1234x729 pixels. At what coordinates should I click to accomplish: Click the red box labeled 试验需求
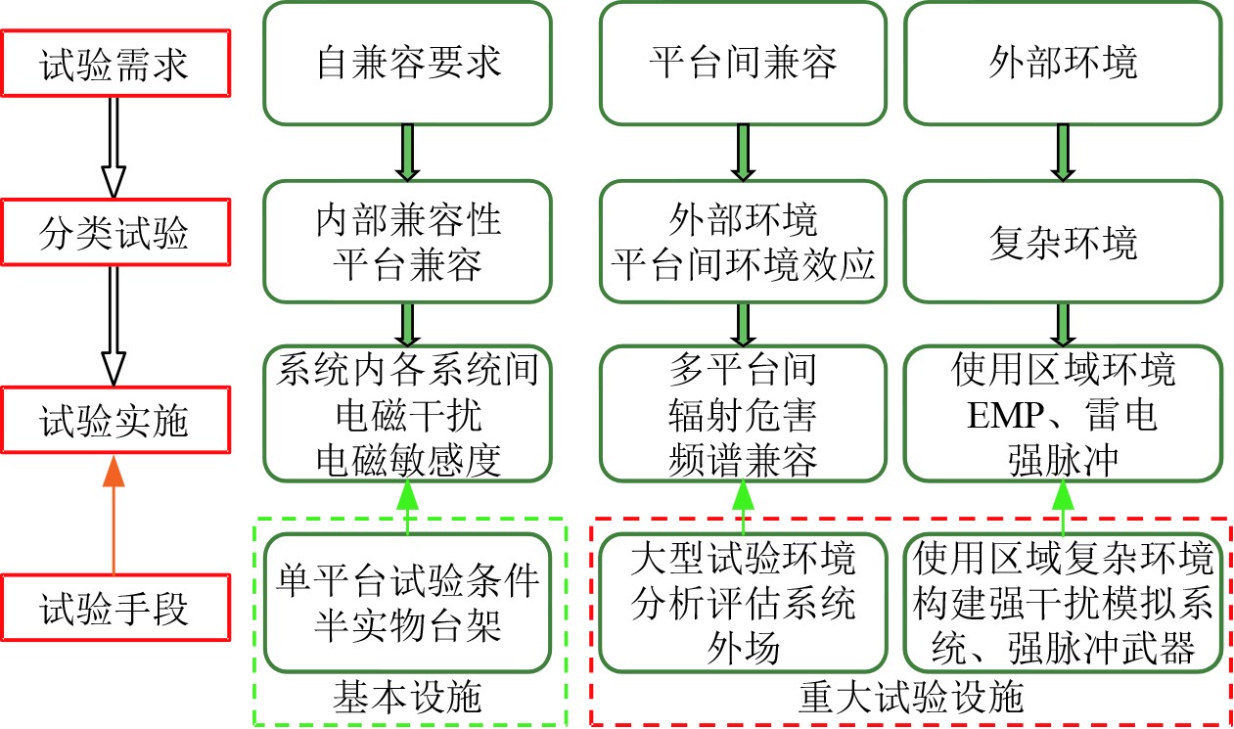coord(114,68)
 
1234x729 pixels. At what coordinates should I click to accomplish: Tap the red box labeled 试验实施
coord(114,423)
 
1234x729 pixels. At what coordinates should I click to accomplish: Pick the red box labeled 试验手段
coord(114,610)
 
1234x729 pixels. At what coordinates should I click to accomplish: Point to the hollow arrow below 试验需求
coord(114,147)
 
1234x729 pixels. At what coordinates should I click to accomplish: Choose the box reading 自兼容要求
coord(408,64)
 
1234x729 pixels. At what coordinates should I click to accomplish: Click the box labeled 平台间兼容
coord(744,64)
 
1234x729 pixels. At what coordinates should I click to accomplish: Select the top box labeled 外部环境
coord(1064,64)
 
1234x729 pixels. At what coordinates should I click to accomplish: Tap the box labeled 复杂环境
coord(1064,241)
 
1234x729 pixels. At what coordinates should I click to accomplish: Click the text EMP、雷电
coord(1064,416)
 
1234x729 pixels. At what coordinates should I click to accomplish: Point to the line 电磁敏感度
coord(408,459)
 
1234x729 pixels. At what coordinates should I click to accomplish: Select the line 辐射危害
coord(744,416)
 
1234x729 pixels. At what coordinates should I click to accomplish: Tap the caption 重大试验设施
coord(910,698)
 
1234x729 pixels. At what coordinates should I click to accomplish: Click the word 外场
coord(744,649)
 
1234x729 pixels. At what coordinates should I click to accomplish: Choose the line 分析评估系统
coord(744,605)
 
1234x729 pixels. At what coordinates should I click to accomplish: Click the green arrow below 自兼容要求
coord(408,153)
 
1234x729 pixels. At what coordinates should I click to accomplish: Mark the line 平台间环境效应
coord(744,264)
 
